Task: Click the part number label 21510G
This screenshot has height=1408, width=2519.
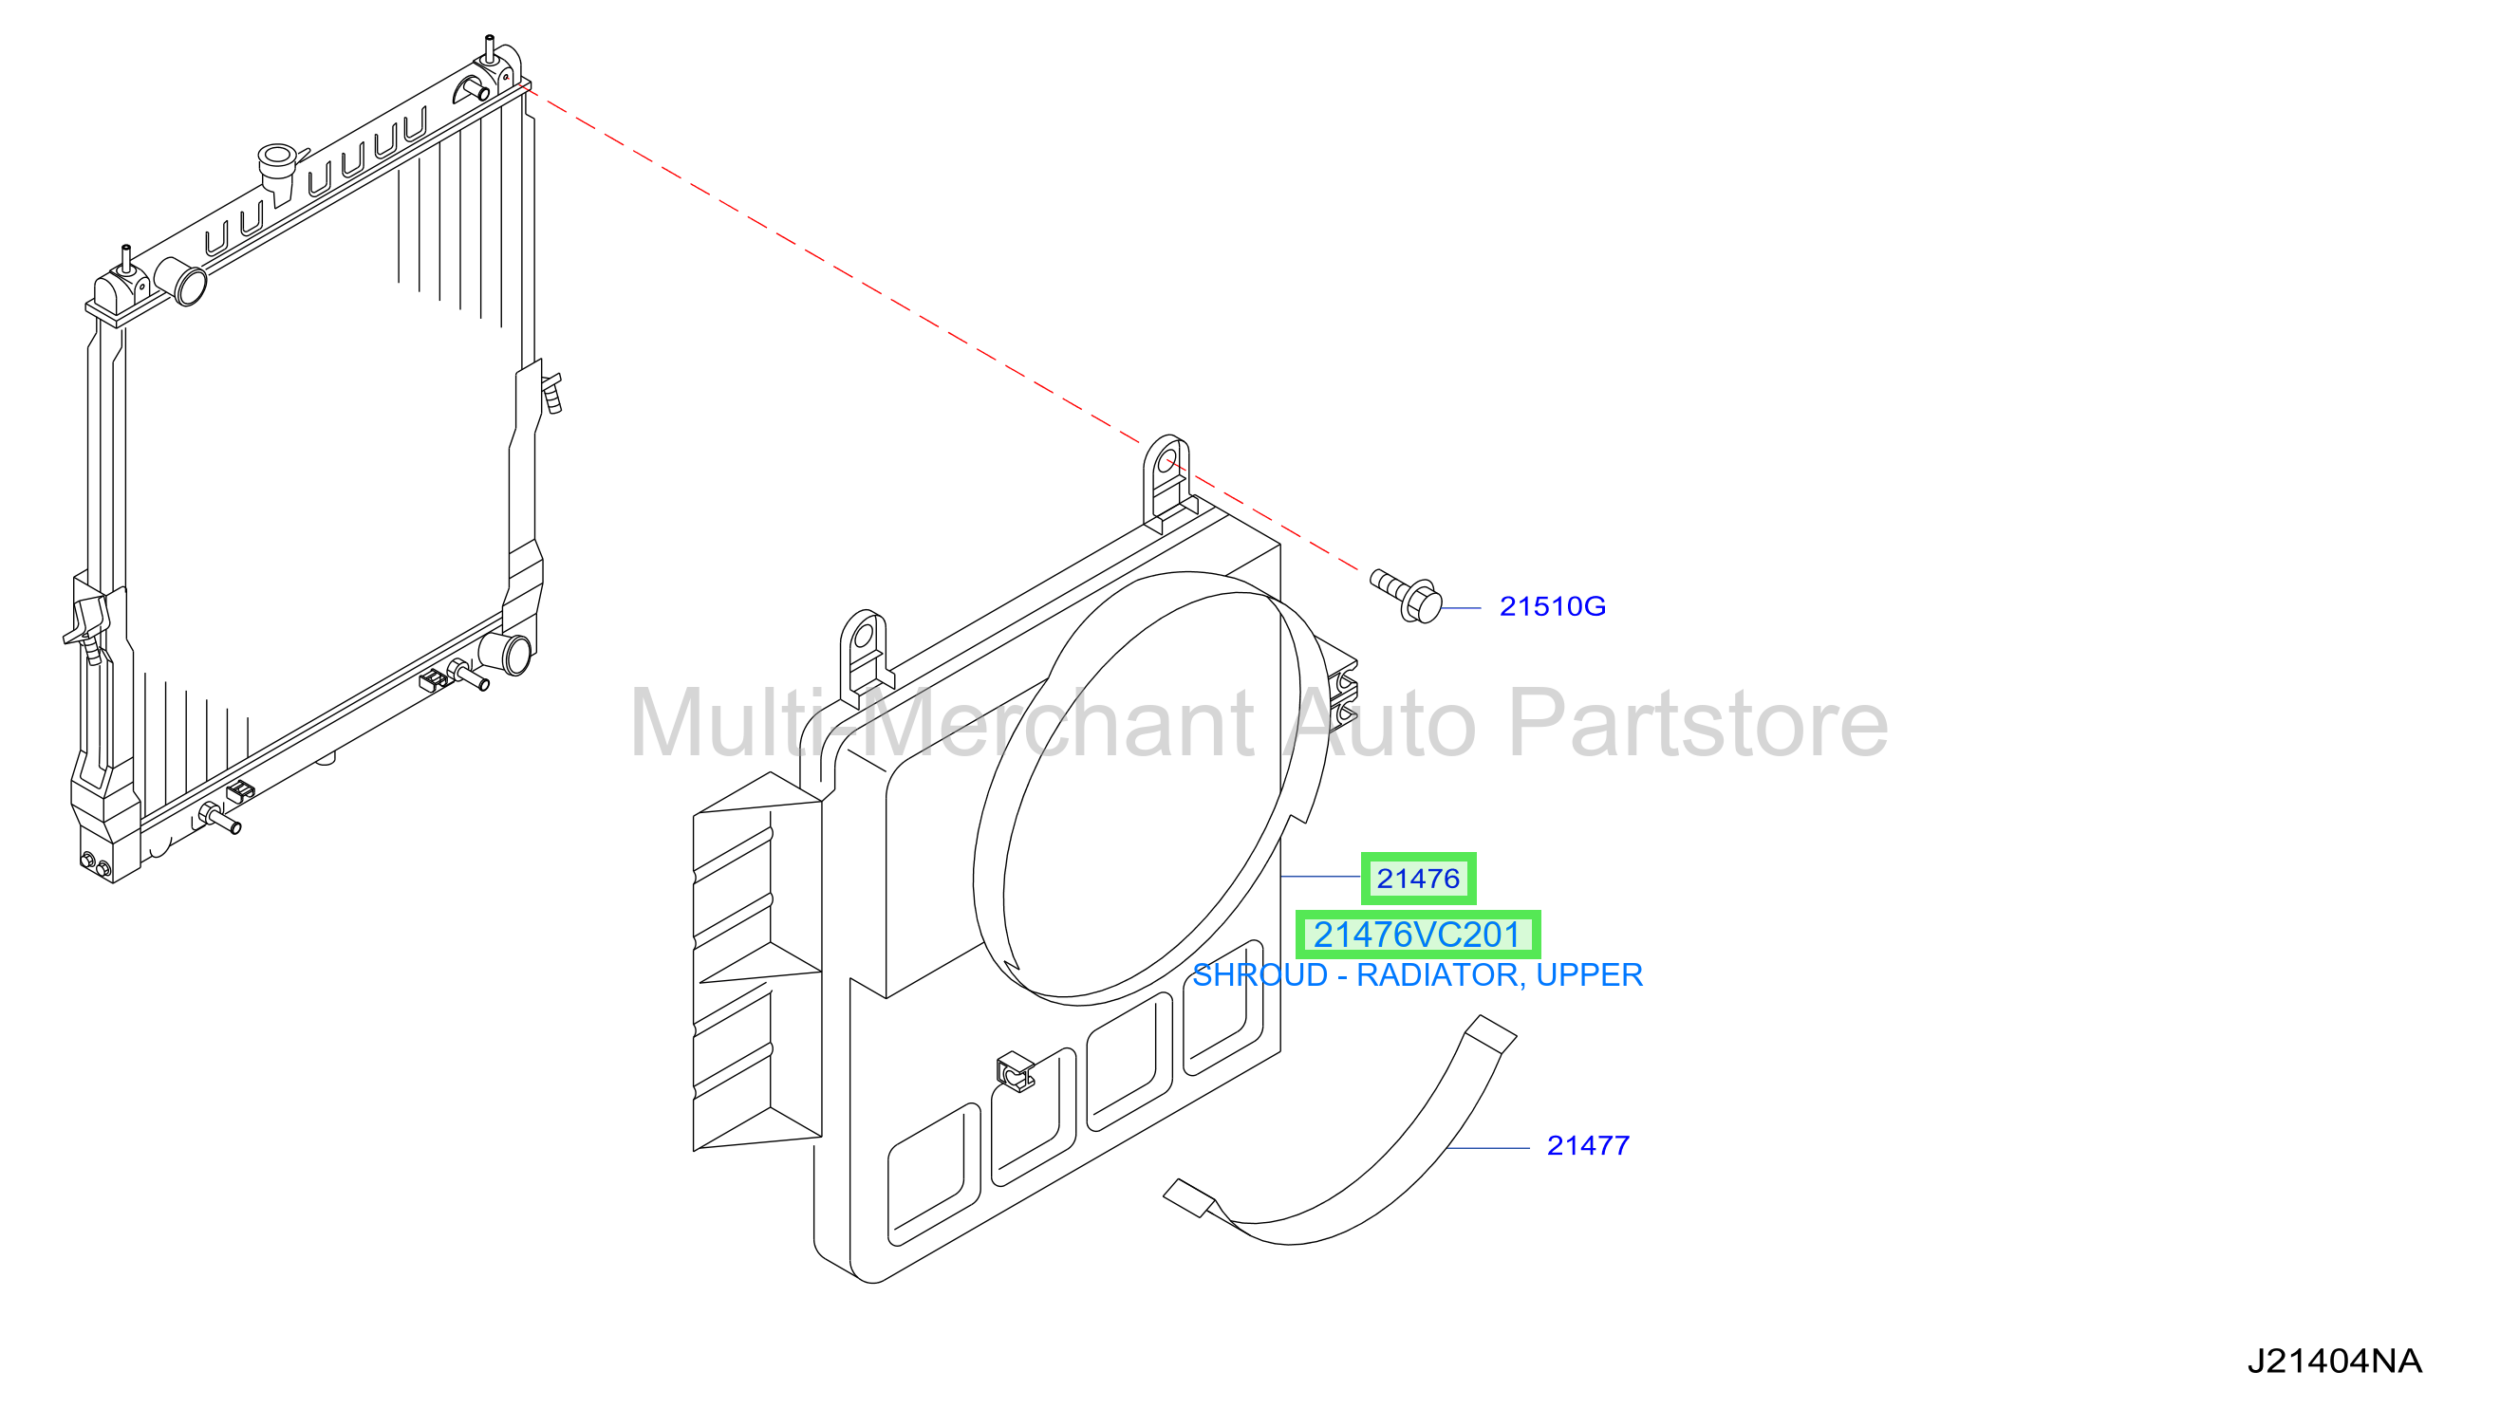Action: pyautogui.click(x=1552, y=607)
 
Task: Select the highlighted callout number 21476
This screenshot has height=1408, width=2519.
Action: pyautogui.click(x=1418, y=879)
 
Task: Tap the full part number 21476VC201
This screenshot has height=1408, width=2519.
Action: pyautogui.click(x=1417, y=935)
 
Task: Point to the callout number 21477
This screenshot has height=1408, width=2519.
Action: pyautogui.click(x=1588, y=1146)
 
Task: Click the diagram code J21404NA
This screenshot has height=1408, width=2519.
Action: pyautogui.click(x=2334, y=1362)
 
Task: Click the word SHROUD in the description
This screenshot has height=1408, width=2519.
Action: pyautogui.click(x=1259, y=975)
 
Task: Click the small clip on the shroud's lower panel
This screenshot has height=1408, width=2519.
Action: pyautogui.click(x=1014, y=1071)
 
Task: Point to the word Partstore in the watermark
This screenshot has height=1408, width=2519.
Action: pyautogui.click(x=1698, y=724)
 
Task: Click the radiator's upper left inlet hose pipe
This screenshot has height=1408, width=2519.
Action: pyautogui.click(x=183, y=281)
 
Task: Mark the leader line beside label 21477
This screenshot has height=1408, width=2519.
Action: pyautogui.click(x=1488, y=1148)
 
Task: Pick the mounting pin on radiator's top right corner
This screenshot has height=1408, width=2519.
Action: pyautogui.click(x=489, y=46)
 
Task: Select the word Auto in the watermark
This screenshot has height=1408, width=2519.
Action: pyautogui.click(x=1381, y=724)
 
